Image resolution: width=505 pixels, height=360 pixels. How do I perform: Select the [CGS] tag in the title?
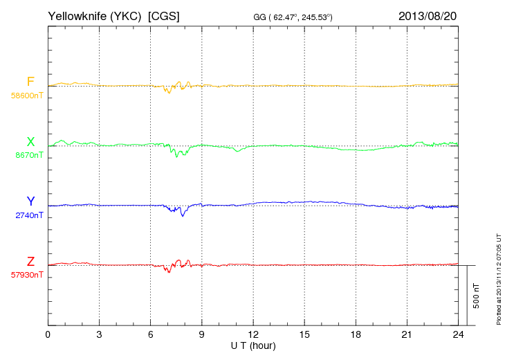pyautogui.click(x=164, y=15)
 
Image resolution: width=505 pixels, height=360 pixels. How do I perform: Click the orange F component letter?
pyautogui.click(x=30, y=82)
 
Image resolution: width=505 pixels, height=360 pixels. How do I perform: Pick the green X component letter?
pyautogui.click(x=30, y=142)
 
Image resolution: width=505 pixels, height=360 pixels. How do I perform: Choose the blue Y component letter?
pyautogui.click(x=30, y=201)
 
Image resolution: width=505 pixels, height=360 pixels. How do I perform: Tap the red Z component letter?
pyautogui.click(x=30, y=262)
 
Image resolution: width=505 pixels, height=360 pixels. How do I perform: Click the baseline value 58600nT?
pyautogui.click(x=26, y=96)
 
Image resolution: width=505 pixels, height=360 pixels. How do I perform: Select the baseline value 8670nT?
pyautogui.click(x=29, y=155)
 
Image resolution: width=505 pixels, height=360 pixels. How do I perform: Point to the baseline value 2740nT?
pyautogui.click(x=29, y=215)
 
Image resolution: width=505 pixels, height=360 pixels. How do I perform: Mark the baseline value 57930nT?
pyautogui.click(x=26, y=275)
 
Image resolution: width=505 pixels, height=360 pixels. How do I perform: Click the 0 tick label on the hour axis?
pyautogui.click(x=48, y=335)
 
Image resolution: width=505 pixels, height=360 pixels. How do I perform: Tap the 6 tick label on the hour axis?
pyautogui.click(x=150, y=335)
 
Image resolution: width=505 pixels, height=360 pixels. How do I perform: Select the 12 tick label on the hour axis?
pyautogui.click(x=253, y=335)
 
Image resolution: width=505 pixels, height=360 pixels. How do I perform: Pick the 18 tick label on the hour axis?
pyautogui.click(x=356, y=335)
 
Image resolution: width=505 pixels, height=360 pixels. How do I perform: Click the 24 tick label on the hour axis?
pyautogui.click(x=458, y=335)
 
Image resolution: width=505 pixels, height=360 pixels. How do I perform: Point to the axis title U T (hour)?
pyautogui.click(x=252, y=345)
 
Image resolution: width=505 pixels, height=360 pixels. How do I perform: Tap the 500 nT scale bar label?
pyautogui.click(x=476, y=295)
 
